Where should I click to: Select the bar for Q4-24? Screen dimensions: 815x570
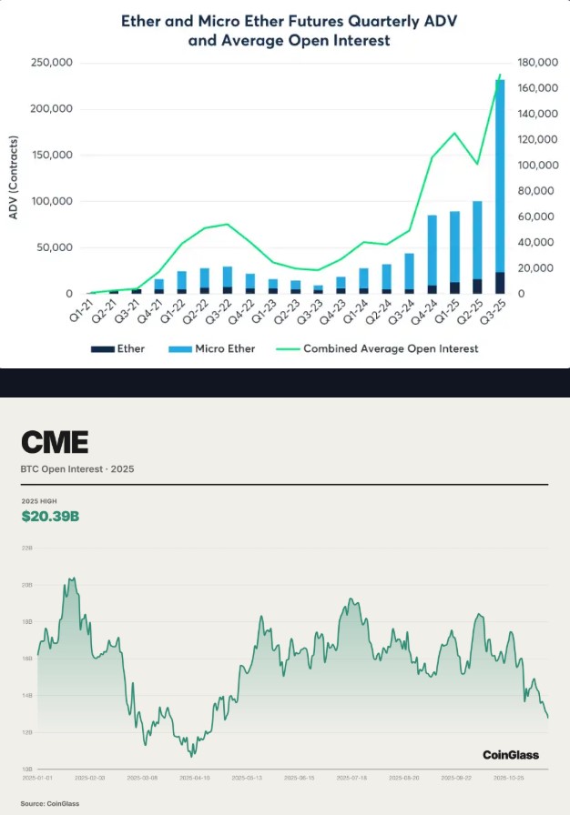click(432, 255)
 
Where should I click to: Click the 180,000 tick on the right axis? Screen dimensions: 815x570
click(535, 63)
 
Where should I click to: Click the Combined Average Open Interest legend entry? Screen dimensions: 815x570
click(391, 348)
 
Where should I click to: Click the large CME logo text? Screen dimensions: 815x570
click(55, 443)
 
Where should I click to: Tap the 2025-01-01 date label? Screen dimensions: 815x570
click(37, 778)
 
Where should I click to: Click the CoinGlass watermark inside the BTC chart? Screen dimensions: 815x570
click(510, 754)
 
